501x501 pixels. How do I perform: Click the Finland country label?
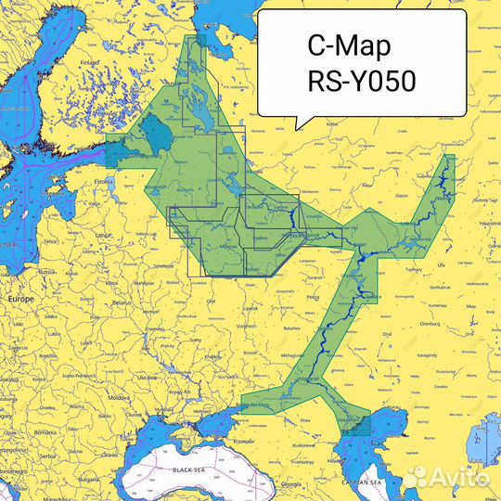[x=90, y=63]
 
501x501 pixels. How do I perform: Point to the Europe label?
[x=20, y=301]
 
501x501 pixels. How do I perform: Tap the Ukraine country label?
[x=148, y=378]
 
